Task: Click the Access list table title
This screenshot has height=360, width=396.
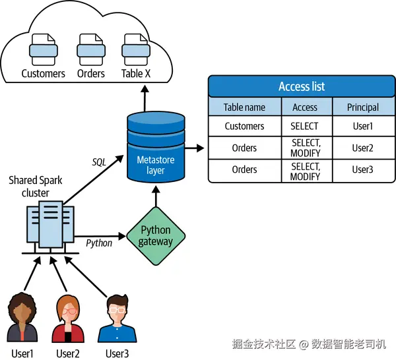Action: tap(301, 87)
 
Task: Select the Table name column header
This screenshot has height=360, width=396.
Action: tap(244, 107)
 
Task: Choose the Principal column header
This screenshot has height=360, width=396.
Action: tap(362, 107)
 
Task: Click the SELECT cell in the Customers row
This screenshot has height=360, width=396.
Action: tap(304, 126)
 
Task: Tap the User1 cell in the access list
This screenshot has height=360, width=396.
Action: tap(362, 126)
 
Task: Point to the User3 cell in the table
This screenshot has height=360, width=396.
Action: tap(362, 170)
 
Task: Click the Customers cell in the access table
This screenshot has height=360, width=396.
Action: tap(244, 126)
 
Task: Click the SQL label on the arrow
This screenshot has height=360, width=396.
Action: tap(98, 162)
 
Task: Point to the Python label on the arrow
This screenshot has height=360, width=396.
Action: tap(99, 243)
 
